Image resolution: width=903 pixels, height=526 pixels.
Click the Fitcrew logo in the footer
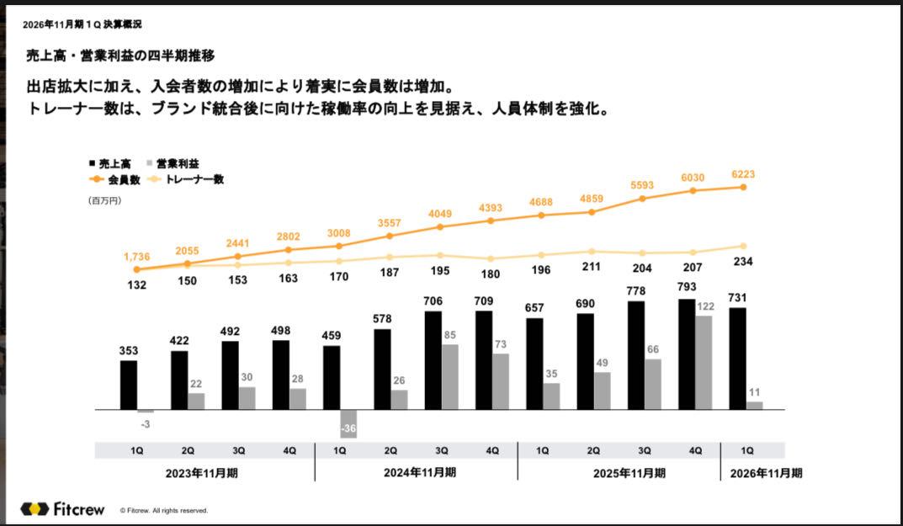point(63,509)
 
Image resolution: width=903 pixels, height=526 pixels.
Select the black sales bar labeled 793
point(687,354)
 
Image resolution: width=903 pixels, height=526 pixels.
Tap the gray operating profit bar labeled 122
point(704,363)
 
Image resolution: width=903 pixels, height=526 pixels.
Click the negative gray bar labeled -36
point(348,423)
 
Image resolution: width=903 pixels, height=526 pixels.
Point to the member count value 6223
point(743,172)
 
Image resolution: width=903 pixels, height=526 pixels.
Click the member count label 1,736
point(137,255)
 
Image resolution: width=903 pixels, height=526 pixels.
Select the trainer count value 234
point(743,262)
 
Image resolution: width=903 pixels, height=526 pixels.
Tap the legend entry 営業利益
point(177,163)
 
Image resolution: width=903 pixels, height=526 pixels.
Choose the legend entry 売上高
point(109,163)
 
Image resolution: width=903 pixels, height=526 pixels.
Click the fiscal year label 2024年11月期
point(420,473)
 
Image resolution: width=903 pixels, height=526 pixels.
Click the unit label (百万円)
point(104,200)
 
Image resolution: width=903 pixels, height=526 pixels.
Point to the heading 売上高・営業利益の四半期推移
point(120,56)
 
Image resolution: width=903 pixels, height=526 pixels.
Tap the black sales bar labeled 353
point(129,385)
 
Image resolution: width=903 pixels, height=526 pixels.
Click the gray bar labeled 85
point(450,377)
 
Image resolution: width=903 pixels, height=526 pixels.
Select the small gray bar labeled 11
point(754,406)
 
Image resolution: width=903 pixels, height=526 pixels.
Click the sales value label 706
point(433,301)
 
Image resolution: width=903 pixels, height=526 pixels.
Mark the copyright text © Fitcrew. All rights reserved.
point(163,511)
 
